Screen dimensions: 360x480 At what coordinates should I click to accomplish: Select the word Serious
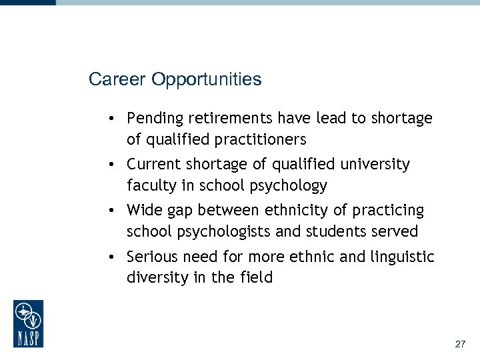(152, 257)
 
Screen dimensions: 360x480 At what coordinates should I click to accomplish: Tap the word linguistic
(403, 257)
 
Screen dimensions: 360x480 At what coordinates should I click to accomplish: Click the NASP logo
(28, 323)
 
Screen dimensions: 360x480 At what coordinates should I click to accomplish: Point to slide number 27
(459, 344)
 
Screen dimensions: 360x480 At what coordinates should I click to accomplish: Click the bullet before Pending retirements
(115, 119)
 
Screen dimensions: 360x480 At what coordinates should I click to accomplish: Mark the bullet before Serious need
(115, 257)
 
